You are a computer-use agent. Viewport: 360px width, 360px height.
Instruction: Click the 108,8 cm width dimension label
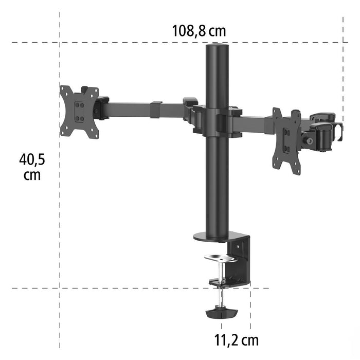pos(199,31)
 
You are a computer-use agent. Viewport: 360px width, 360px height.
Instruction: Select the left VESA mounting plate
pos(79,111)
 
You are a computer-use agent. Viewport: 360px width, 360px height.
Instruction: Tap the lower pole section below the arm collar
pos(217,185)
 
